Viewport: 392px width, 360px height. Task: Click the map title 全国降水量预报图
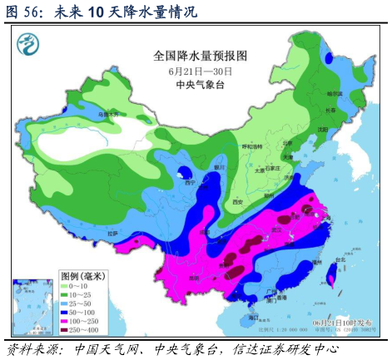pos(201,57)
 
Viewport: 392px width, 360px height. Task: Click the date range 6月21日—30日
pos(200,71)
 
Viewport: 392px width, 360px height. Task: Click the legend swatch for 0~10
pos(67,287)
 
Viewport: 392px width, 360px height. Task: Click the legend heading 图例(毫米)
pos(84,275)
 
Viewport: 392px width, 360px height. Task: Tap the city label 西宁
pos(190,183)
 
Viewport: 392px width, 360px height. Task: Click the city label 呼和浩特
pos(251,146)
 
